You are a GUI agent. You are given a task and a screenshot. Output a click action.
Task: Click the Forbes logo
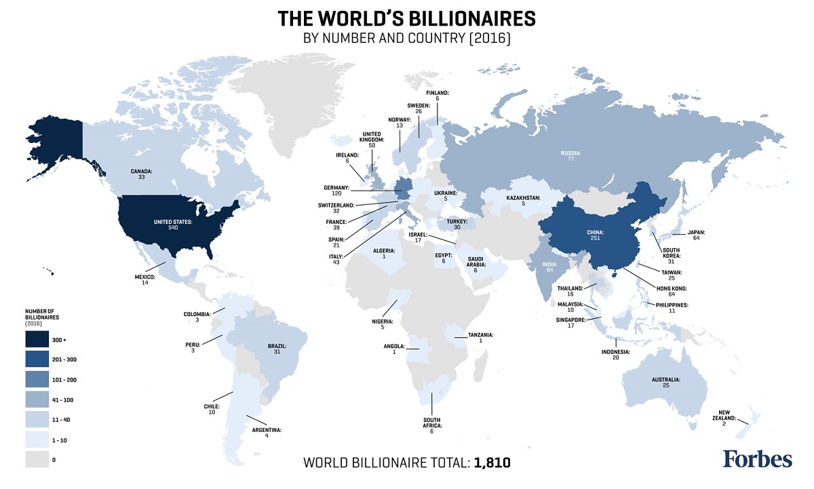point(757,459)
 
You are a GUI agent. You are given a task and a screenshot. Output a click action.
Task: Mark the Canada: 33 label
point(142,174)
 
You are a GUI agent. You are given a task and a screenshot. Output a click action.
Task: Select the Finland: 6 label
point(438,96)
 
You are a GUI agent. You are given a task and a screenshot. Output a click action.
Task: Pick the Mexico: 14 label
point(145,280)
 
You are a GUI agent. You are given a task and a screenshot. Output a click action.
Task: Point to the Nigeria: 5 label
point(383,324)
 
